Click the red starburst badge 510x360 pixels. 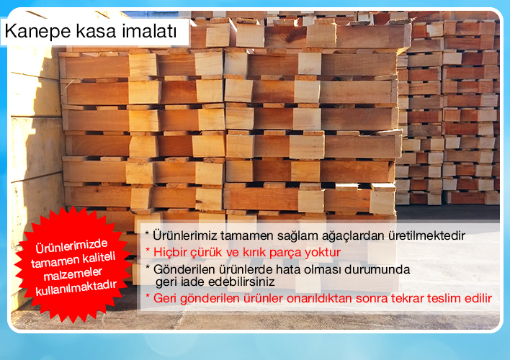coord(73,265)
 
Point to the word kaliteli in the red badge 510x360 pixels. coord(99,258)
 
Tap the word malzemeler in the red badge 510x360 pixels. coord(73,274)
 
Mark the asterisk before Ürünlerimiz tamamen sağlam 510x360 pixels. coord(147,233)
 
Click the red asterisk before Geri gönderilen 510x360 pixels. coord(148,296)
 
